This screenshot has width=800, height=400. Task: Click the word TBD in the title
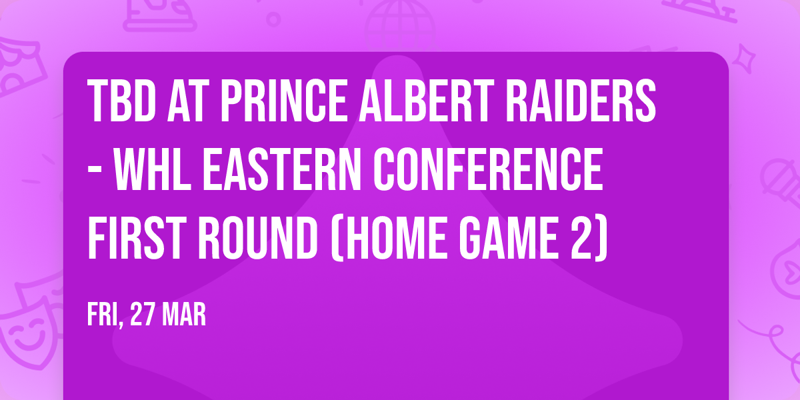tap(119, 103)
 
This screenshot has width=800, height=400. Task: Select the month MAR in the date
tap(185, 315)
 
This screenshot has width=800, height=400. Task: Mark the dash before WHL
tap(96, 173)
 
